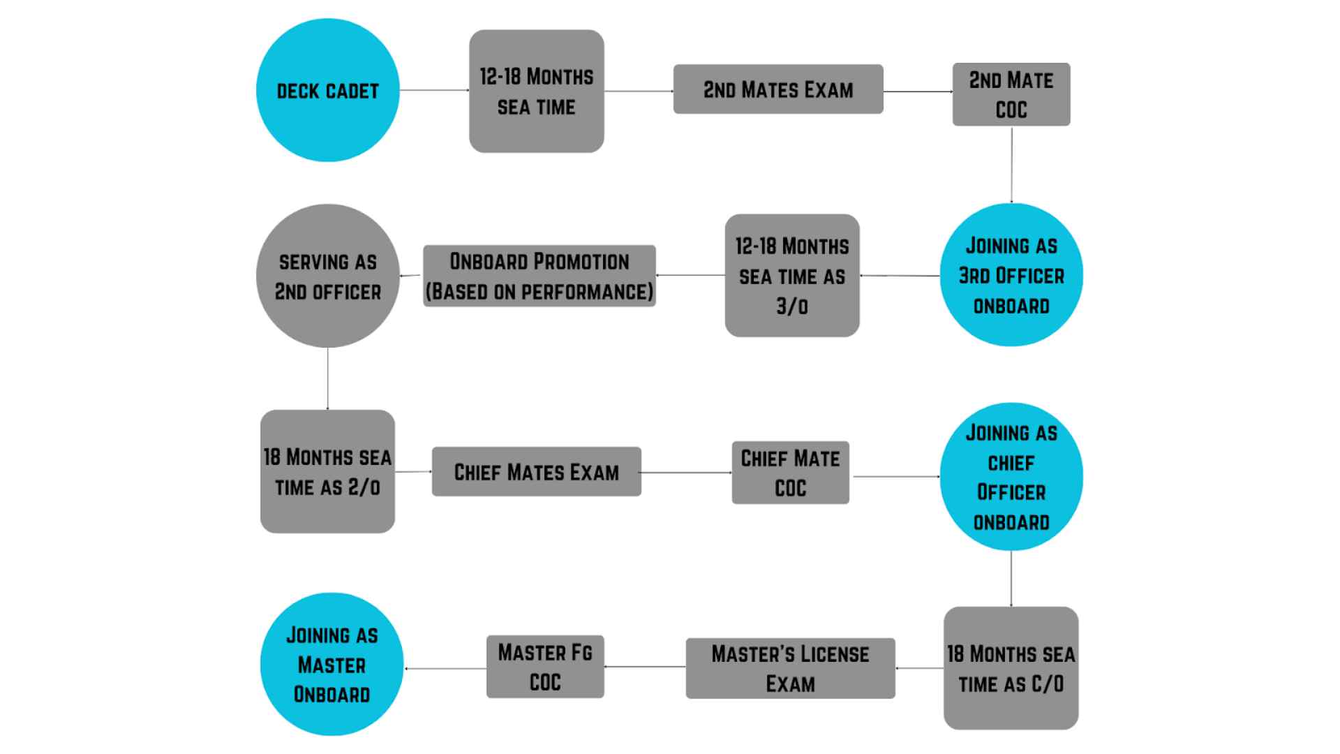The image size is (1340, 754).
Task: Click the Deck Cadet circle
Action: (x=327, y=91)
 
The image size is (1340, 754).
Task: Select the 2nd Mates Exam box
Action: (x=777, y=89)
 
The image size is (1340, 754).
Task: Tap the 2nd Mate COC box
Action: (x=1011, y=95)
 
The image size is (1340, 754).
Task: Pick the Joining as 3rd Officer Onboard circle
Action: (x=1011, y=275)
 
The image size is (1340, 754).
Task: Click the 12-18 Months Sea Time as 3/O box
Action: (x=792, y=276)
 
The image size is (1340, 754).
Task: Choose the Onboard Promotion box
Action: (x=539, y=276)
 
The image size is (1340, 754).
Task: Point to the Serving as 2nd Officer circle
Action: (x=327, y=276)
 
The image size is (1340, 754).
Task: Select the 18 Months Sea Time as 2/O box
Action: (x=327, y=471)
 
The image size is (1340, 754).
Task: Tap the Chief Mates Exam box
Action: (x=536, y=472)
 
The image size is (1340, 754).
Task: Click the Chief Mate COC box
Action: (x=790, y=473)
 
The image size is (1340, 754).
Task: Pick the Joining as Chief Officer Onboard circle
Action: (x=1011, y=477)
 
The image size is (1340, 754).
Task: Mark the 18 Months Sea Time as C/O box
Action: (x=1011, y=668)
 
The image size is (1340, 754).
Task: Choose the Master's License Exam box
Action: (x=790, y=668)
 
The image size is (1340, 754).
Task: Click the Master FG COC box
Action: (x=545, y=667)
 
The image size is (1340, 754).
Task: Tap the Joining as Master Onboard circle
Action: (x=332, y=664)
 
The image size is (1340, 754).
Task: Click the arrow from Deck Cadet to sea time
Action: (x=434, y=90)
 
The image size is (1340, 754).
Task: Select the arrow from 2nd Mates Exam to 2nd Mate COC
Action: (x=918, y=91)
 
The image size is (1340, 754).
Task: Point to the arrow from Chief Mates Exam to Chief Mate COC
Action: (x=686, y=473)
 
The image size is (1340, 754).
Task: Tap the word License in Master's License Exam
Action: (x=834, y=654)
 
